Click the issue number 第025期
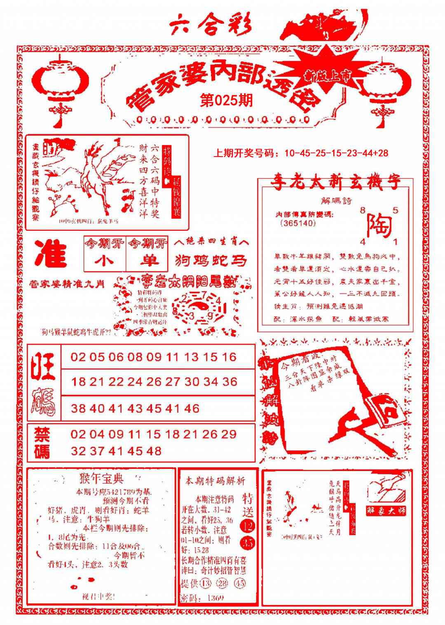click(226, 100)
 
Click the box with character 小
click(105, 261)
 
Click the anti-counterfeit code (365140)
click(297, 223)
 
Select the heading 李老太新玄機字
click(336, 183)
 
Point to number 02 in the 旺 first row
click(78, 357)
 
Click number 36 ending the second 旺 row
click(230, 382)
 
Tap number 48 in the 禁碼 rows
click(153, 451)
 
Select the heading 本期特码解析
click(215, 480)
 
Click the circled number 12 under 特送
click(248, 526)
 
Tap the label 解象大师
click(386, 511)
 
